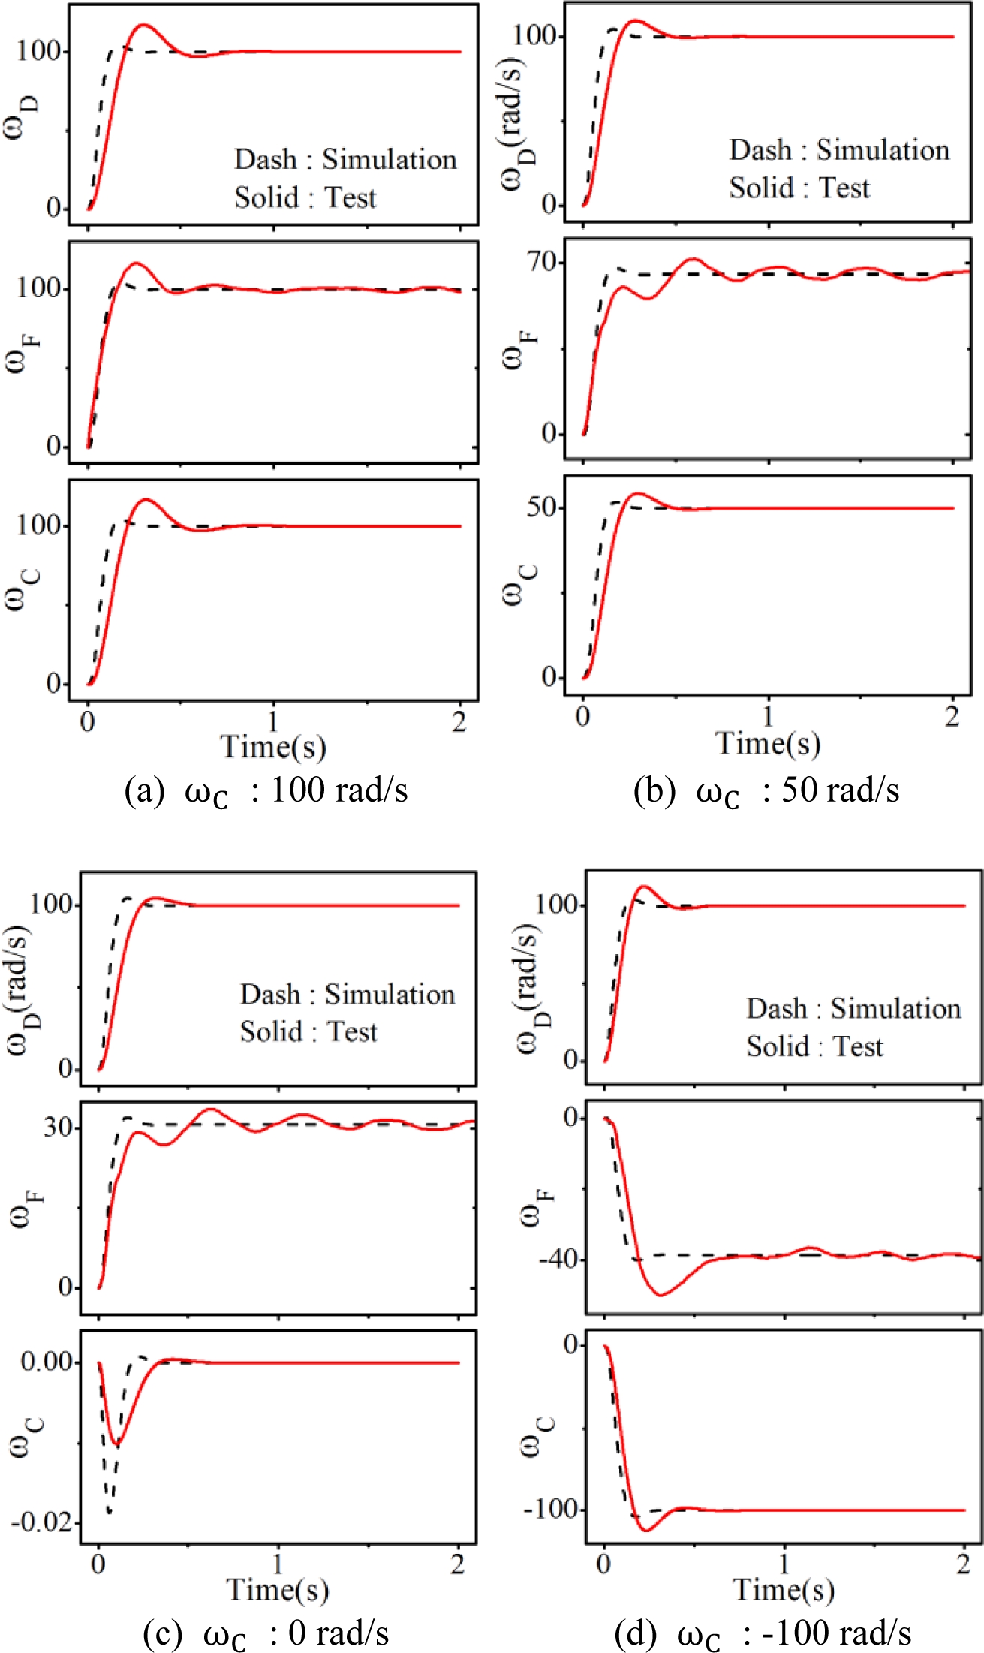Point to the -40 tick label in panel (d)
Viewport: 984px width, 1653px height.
pyautogui.click(x=558, y=1259)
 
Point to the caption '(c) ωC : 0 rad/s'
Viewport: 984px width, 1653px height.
pyautogui.click(x=266, y=1634)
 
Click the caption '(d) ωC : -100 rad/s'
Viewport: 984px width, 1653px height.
pyautogui.click(x=763, y=1634)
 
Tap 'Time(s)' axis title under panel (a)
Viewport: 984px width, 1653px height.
pyautogui.click(x=273, y=746)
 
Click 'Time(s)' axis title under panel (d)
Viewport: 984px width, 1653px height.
pyautogui.click(x=783, y=1589)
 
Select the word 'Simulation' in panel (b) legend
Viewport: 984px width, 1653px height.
pyautogui.click(x=883, y=150)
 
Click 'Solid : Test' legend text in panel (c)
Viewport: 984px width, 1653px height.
pyautogui.click(x=308, y=1031)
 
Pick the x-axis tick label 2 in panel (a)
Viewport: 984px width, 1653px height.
pyautogui.click(x=459, y=722)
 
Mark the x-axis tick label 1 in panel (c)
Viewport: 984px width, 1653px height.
pyautogui.click(x=278, y=1565)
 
